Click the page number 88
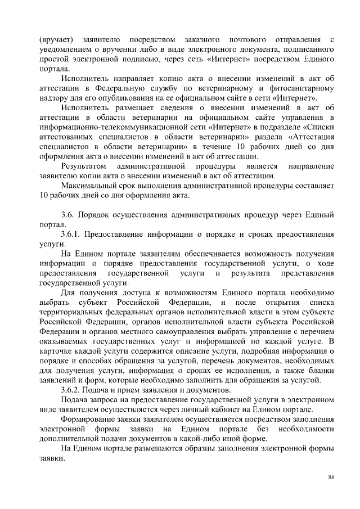pyautogui.click(x=331, y=477)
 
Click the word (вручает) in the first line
pyautogui.click(x=56, y=39)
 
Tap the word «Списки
pyautogui.click(x=318, y=127)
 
